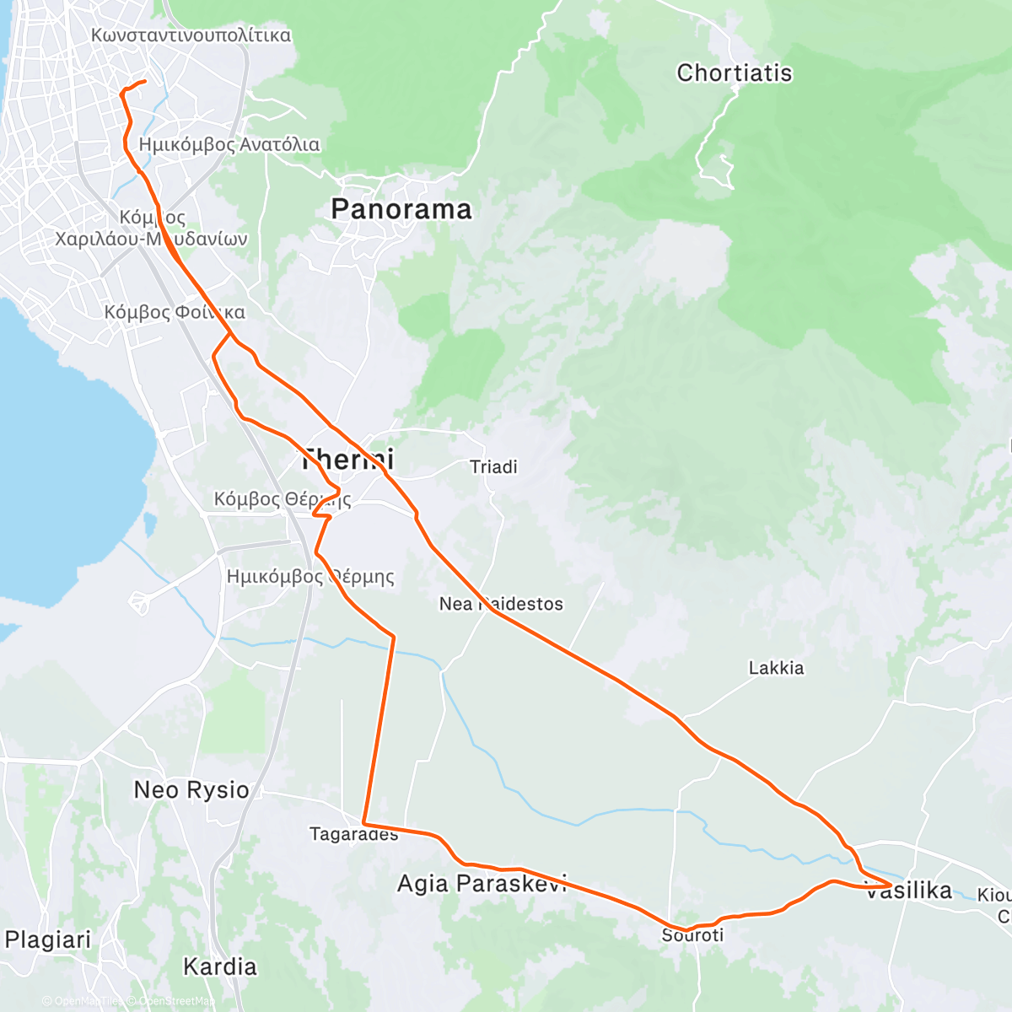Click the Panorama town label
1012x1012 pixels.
tap(401, 209)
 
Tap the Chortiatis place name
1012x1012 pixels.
tap(734, 73)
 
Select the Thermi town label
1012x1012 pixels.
tap(347, 460)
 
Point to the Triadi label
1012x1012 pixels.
tap(493, 467)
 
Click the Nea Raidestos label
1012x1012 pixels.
tap(501, 604)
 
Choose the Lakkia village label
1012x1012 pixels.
tap(776, 668)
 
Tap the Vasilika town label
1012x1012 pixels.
tap(909, 891)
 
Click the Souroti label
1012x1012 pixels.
tap(692, 935)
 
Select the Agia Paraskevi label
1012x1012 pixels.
tap(482, 884)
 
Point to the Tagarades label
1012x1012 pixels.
tap(353, 835)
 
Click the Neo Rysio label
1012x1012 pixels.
tap(191, 790)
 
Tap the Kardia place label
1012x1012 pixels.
tap(219, 966)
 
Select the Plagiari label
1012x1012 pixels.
tap(47, 939)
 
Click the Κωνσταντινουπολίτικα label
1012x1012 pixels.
tap(191, 35)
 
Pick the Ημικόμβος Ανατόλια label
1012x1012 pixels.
tap(229, 145)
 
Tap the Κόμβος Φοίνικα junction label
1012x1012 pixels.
tap(175, 313)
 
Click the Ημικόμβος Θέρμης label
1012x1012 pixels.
tap(310, 578)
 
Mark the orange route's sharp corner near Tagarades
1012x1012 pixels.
tap(363, 822)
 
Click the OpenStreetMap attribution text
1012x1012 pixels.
tap(175, 1001)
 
